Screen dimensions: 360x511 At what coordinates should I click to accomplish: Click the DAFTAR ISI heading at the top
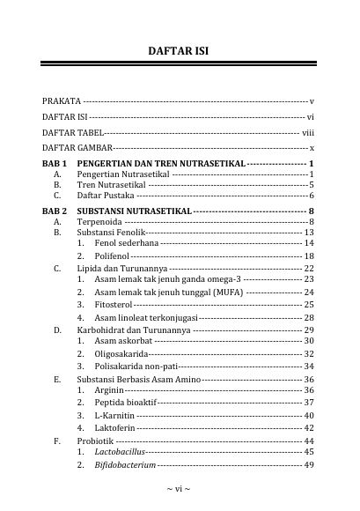180,52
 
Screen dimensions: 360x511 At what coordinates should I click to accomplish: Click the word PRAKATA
62,102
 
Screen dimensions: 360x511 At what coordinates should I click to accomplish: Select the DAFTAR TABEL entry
72,131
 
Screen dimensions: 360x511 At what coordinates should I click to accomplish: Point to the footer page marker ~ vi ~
180,486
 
